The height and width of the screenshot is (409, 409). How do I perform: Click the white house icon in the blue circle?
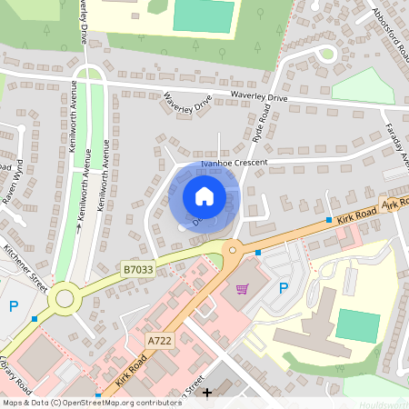[x=204, y=195]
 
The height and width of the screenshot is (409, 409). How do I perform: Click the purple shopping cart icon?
[x=242, y=289]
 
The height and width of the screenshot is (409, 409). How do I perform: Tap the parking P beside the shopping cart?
[x=284, y=289]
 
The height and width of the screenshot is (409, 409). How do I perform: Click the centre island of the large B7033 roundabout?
[x=65, y=297]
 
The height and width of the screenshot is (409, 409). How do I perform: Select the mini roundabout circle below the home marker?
[x=233, y=249]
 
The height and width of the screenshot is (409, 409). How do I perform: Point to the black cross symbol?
[x=207, y=393]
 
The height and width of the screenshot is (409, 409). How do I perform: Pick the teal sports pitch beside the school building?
[x=357, y=325]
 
